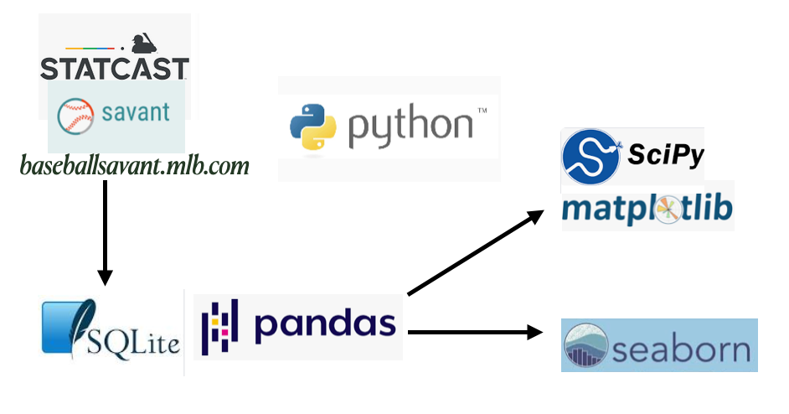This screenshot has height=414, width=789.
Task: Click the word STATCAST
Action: click(x=115, y=68)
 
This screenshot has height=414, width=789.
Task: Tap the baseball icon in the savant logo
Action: click(x=76, y=115)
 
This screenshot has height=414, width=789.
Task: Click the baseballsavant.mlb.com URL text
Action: click(x=135, y=166)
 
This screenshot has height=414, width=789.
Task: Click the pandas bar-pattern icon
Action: click(x=220, y=325)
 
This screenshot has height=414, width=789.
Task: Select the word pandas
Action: click(x=324, y=323)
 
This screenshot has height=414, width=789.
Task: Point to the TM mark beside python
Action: click(x=482, y=111)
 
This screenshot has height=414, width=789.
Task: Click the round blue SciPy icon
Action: click(x=590, y=157)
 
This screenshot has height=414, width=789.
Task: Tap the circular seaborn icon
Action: click(x=585, y=345)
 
